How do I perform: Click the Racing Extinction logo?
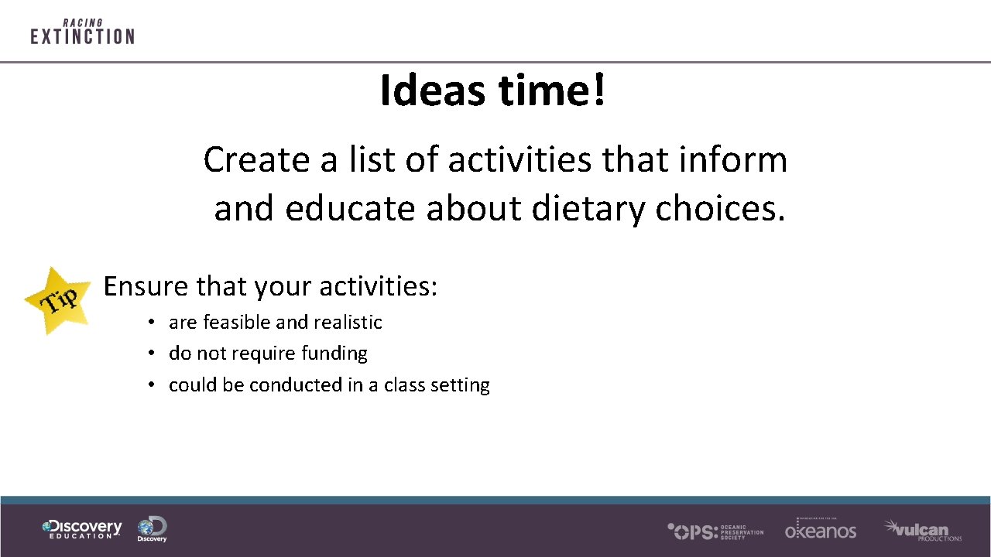pos(82,32)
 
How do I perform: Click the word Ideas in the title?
pos(433,91)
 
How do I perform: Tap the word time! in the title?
pos(552,91)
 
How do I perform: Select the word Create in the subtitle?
pos(256,160)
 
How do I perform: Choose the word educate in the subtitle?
pos(350,208)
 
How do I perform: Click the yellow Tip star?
pos(57,300)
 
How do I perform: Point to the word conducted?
pos(296,384)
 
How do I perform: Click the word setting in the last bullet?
pos(462,385)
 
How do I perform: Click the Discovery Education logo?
pos(82,529)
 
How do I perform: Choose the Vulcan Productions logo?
pos(922,530)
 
